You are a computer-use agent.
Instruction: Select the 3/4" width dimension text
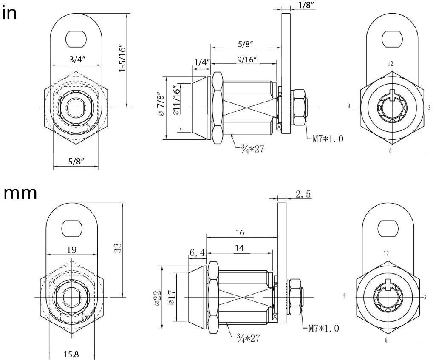pos(76,60)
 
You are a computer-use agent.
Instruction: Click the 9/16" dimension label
pos(246,60)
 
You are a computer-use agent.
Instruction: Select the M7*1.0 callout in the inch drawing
pos(327,139)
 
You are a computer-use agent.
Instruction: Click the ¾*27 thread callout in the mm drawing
pos(246,338)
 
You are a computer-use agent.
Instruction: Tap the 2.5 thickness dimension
pos(303,194)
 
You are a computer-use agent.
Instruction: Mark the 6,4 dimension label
pos(197,253)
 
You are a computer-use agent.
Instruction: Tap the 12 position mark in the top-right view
pos(391,64)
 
